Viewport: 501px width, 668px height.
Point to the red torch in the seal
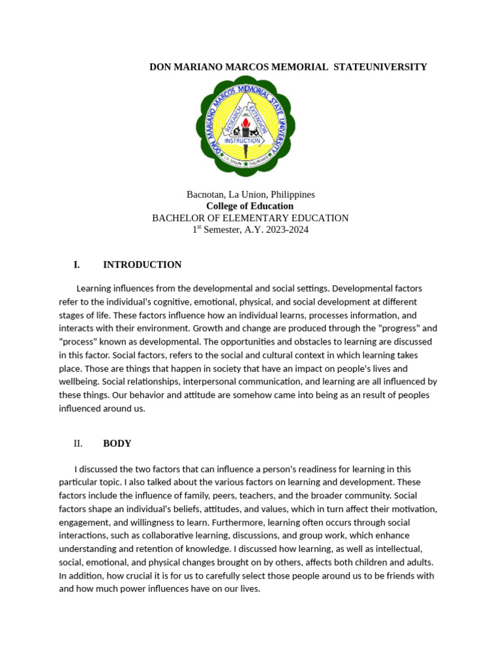pos(245,124)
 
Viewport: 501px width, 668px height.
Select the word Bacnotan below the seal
pos(205,194)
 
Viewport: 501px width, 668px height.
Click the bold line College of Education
pos(250,206)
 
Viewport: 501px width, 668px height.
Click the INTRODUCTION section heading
pos(142,265)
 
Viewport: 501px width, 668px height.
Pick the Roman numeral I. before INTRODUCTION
pos(77,265)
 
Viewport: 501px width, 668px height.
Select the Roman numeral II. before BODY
pos(78,444)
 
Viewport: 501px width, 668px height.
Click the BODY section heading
pos(117,444)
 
